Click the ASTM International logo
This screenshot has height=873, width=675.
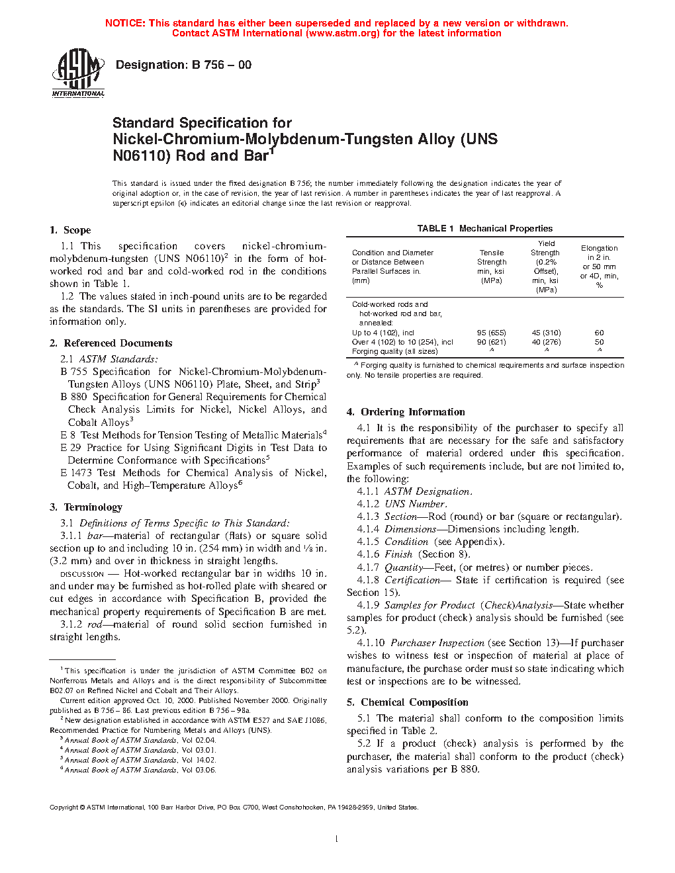coord(78,73)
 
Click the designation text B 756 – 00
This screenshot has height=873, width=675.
coord(183,65)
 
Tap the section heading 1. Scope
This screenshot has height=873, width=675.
coord(70,230)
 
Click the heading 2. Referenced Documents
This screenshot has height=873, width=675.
coord(111,343)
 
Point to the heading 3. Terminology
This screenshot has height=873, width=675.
coord(86,507)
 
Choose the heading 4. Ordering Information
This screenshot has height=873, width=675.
coord(406,412)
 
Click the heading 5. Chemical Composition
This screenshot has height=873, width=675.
coord(408,702)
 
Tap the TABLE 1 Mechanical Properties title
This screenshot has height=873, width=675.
coord(484,229)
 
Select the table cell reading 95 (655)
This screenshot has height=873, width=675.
coord(491,333)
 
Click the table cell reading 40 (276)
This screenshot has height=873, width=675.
coord(546,342)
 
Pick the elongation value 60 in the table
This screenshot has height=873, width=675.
coord(599,333)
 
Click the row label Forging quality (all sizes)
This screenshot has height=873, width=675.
coord(394,351)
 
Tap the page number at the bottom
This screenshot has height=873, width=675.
coord(337,839)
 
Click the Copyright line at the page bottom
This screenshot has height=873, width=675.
coord(234,808)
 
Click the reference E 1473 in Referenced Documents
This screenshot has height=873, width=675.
coord(75,473)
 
